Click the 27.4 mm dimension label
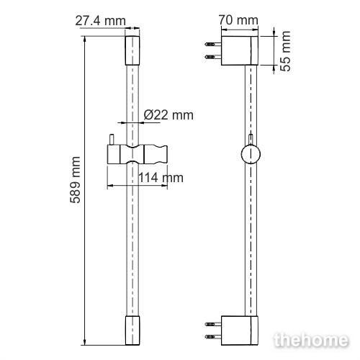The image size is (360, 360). click(100, 21)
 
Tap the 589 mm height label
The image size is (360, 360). click(76, 180)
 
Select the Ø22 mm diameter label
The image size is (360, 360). click(168, 115)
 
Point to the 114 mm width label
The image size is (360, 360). click(161, 178)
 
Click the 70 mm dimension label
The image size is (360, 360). click(238, 20)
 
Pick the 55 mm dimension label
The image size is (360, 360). click(286, 51)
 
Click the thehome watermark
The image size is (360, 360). click(311, 340)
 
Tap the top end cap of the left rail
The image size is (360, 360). click(132, 50)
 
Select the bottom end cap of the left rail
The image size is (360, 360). click(132, 330)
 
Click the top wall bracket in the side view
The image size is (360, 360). click(240, 50)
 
